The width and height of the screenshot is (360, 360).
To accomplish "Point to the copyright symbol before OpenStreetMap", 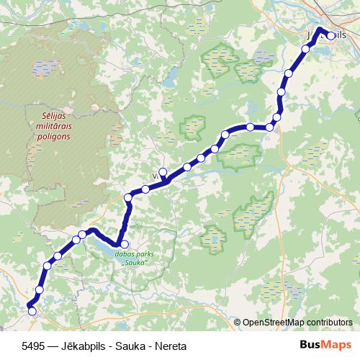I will click(237, 323).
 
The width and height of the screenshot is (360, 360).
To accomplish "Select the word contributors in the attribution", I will click(328, 323).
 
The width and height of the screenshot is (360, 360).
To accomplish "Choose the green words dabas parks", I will click(135, 253).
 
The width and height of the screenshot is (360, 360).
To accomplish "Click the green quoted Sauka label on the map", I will click(135, 263).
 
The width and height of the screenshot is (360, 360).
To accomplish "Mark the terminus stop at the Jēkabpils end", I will click(331, 35).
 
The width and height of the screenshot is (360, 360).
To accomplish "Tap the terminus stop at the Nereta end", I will click(31, 310).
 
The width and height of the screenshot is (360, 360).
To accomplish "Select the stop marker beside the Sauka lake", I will click(124, 245).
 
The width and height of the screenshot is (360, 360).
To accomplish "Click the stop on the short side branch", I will click(163, 171).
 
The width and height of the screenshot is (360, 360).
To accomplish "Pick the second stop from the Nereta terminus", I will click(40, 289).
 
